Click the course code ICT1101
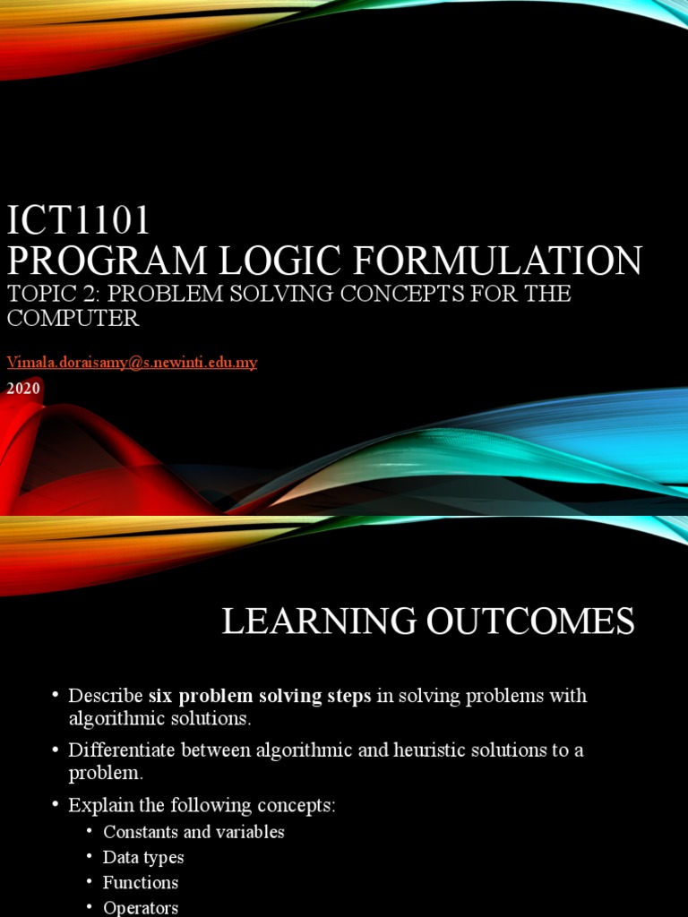tap(79, 219)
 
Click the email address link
tap(132, 362)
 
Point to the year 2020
tap(23, 389)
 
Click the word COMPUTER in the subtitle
tap(73, 318)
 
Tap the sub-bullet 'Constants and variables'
tap(193, 832)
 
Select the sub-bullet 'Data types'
tap(143, 857)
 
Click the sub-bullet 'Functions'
tap(141, 882)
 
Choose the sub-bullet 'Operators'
tap(141, 907)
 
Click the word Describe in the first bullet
tap(106, 696)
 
